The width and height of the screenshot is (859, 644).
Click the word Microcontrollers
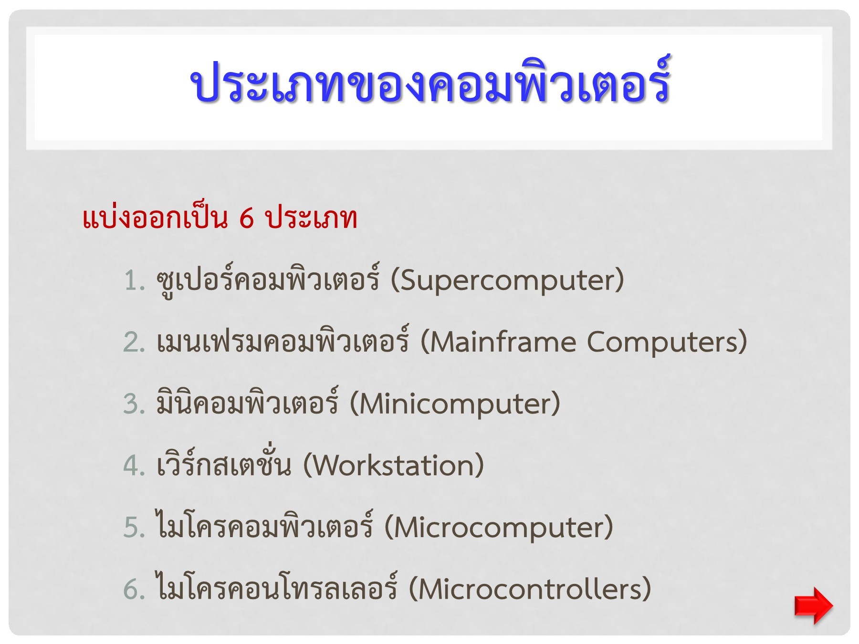tap(530, 589)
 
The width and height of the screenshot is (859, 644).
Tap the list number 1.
tap(134, 280)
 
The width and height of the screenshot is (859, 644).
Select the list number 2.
tap(134, 343)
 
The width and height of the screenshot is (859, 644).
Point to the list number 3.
tap(134, 404)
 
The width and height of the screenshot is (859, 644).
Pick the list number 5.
tap(134, 528)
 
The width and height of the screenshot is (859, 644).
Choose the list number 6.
tap(134, 589)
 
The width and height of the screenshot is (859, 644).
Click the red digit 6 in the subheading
tap(246, 218)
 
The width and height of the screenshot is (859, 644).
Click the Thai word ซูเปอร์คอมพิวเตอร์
tap(268, 280)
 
